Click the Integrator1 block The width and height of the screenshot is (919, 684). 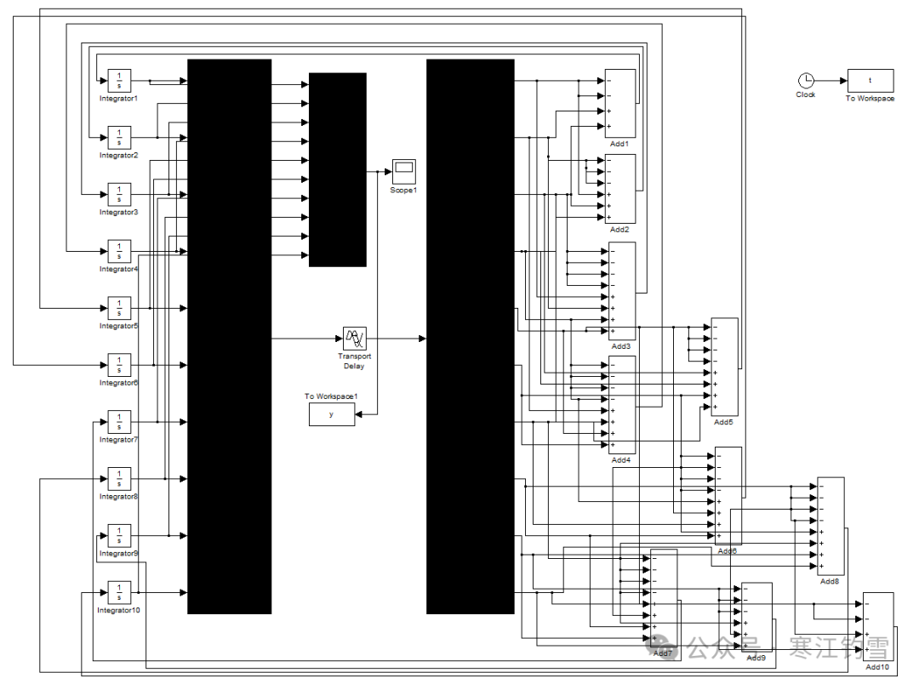tap(119, 80)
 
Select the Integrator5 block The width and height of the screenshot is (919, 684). tap(119, 307)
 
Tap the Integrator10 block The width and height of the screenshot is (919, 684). tap(119, 591)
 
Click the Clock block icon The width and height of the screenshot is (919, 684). tap(805, 81)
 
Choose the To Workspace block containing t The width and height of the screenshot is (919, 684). tap(870, 81)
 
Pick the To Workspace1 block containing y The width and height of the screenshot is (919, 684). tap(332, 414)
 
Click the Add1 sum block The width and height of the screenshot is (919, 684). tap(620, 103)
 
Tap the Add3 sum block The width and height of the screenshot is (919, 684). tap(622, 291)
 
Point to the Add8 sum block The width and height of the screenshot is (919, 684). tap(831, 525)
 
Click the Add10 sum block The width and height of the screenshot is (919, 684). tap(878, 625)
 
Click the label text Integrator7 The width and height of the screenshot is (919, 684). tap(118, 440)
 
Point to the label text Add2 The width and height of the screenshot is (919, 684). tap(619, 230)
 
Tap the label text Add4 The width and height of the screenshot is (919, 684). tap(621, 460)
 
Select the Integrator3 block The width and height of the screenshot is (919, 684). tap(119, 194)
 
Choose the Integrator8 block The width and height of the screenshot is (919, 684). tap(119, 478)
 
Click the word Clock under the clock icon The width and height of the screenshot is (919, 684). tap(805, 95)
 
